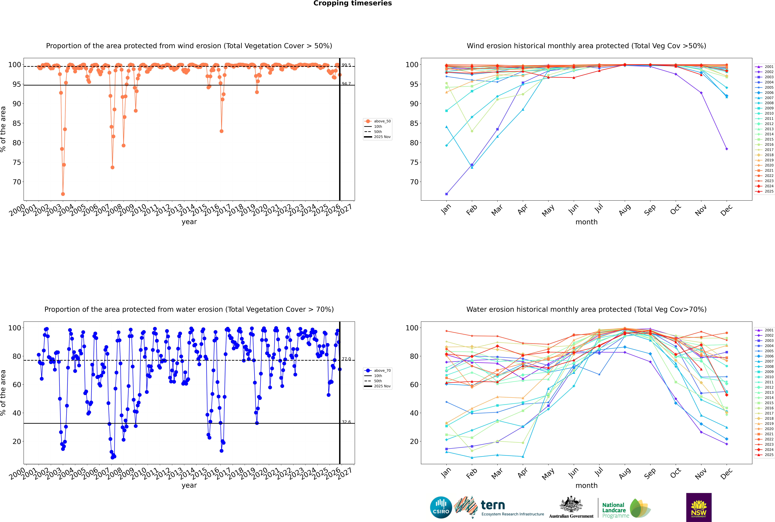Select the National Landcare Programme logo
(626, 508)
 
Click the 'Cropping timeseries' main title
(352, 3)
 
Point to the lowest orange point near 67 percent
(63, 194)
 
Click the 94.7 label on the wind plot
(346, 84)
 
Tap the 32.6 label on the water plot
(346, 422)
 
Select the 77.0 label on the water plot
(346, 359)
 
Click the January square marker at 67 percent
(446, 194)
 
